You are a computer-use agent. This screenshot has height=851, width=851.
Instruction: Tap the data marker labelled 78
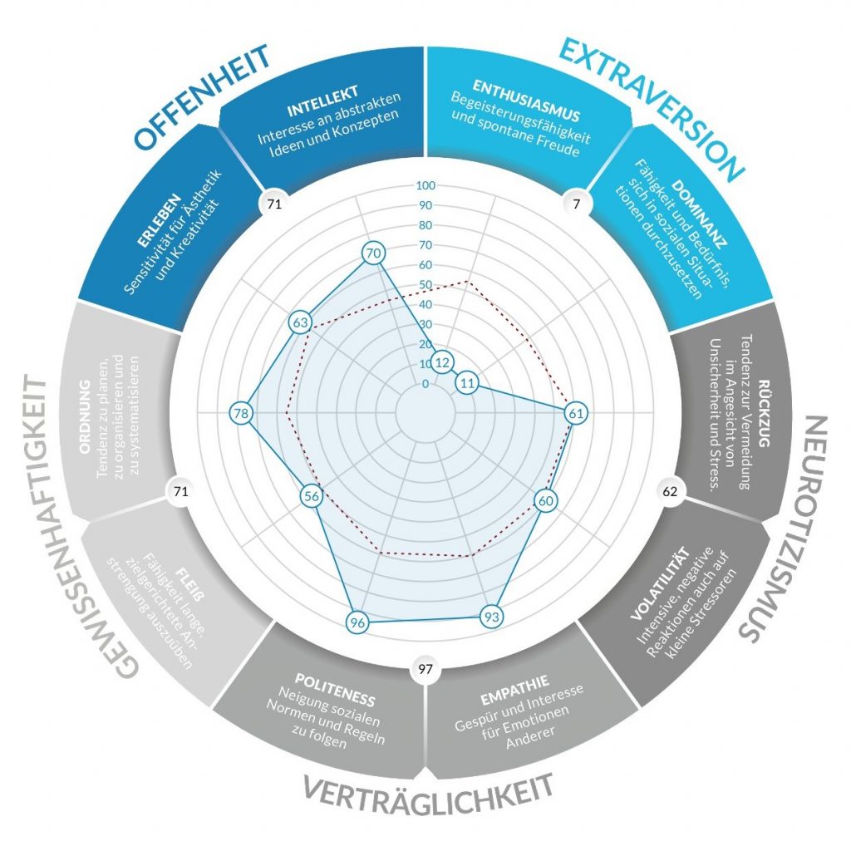coord(241,413)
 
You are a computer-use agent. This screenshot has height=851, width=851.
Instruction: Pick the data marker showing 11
coord(468,383)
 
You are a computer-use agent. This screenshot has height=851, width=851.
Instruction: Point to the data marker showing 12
coord(443,362)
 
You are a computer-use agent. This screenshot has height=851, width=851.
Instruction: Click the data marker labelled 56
coord(312,497)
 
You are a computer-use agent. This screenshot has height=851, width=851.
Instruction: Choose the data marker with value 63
coord(301,322)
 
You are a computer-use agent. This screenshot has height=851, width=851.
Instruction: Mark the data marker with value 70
coord(373,253)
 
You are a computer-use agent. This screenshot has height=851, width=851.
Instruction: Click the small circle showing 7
coord(575,202)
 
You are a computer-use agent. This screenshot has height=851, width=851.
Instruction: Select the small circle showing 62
coord(670,491)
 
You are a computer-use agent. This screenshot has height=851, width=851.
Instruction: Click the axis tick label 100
coord(425,185)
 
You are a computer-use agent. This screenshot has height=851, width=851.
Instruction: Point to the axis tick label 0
coord(425,384)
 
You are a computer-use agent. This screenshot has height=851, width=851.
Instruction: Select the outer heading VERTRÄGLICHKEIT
coord(427,791)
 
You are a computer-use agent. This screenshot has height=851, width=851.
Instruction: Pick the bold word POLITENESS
coord(335,677)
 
